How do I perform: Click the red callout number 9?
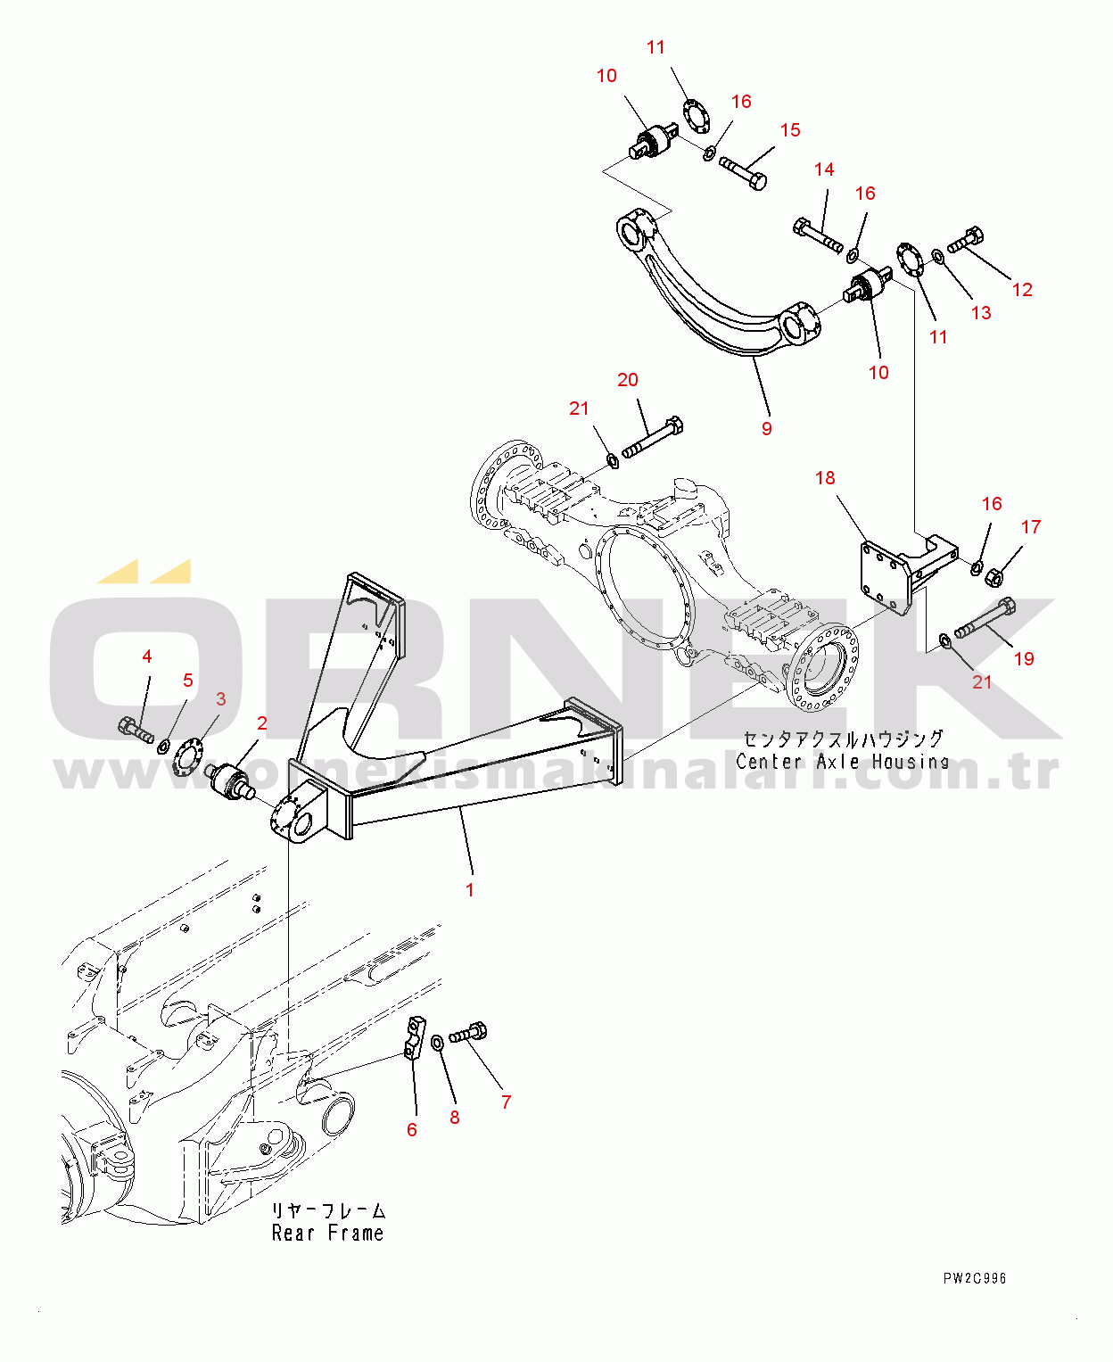coord(766,429)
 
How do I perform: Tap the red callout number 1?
coord(470,889)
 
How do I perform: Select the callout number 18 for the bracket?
coord(825,478)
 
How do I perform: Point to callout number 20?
coord(628,380)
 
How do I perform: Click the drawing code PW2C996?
coord(974,1278)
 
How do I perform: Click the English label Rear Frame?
coord(327,1234)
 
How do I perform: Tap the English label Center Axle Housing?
coord(841,762)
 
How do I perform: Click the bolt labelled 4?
coord(135,730)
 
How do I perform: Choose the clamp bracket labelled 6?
coord(414,1038)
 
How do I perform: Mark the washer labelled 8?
coord(438,1043)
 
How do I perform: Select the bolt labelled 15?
coord(743,173)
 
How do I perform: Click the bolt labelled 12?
coord(965,239)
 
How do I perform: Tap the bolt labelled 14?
coord(818,235)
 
